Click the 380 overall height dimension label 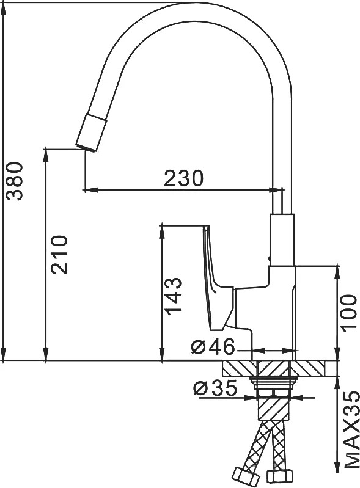click(15, 181)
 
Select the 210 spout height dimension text click(59, 255)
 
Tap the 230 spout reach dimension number click(184, 178)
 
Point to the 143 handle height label click(173, 296)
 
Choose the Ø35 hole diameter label click(215, 388)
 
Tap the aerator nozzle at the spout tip click(91, 133)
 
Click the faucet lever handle click(218, 277)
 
